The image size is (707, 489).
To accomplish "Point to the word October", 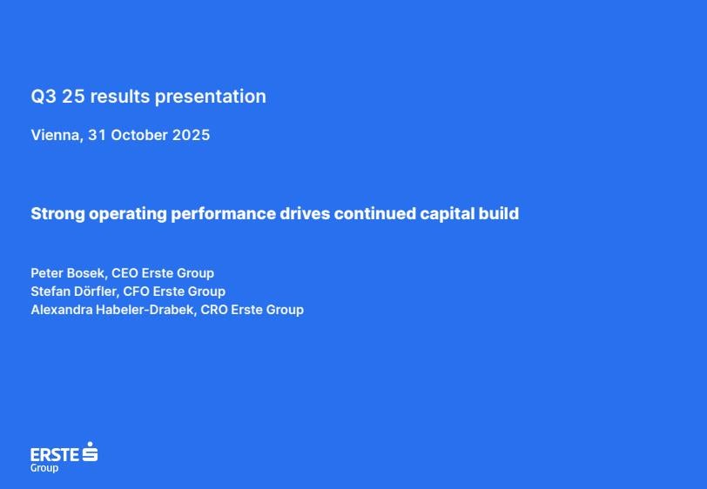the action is coord(140,135).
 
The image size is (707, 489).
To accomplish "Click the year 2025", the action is coord(192,135).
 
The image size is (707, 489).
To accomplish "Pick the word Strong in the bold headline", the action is coord(57,214).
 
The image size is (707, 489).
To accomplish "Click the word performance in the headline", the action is coord(223,214).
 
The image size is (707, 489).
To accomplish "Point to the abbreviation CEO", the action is coord(125,273).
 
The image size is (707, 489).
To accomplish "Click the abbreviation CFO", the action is coord(136,291).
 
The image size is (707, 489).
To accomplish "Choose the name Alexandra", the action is coord(61,310).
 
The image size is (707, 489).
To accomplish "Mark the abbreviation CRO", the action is coord(213,310).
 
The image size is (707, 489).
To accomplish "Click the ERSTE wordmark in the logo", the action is coord(55,454).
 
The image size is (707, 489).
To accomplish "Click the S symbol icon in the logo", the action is coord(90,452).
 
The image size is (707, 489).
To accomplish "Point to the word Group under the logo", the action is coord(44,468).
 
